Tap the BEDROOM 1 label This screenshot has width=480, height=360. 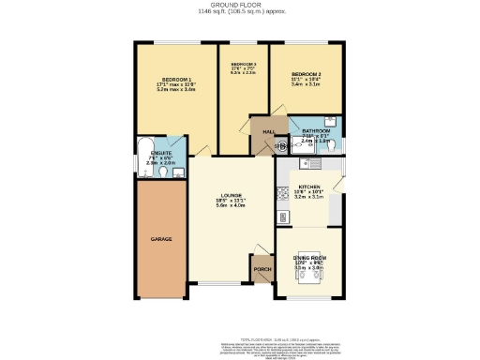click(175, 80)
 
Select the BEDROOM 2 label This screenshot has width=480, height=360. click(306, 73)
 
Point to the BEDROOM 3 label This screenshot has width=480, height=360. click(243, 63)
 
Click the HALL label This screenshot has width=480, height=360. click(267, 131)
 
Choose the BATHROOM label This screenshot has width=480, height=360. click(316, 131)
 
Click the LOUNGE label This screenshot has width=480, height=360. click(233, 194)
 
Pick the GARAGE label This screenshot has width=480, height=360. click(162, 239)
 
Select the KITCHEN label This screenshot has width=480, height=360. click(309, 187)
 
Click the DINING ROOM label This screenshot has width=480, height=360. click(308, 257)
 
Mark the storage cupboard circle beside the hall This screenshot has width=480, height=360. click(279, 146)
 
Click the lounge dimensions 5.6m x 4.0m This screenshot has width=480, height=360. click(233, 205)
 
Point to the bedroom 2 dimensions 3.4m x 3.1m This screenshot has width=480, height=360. click(306, 84)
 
